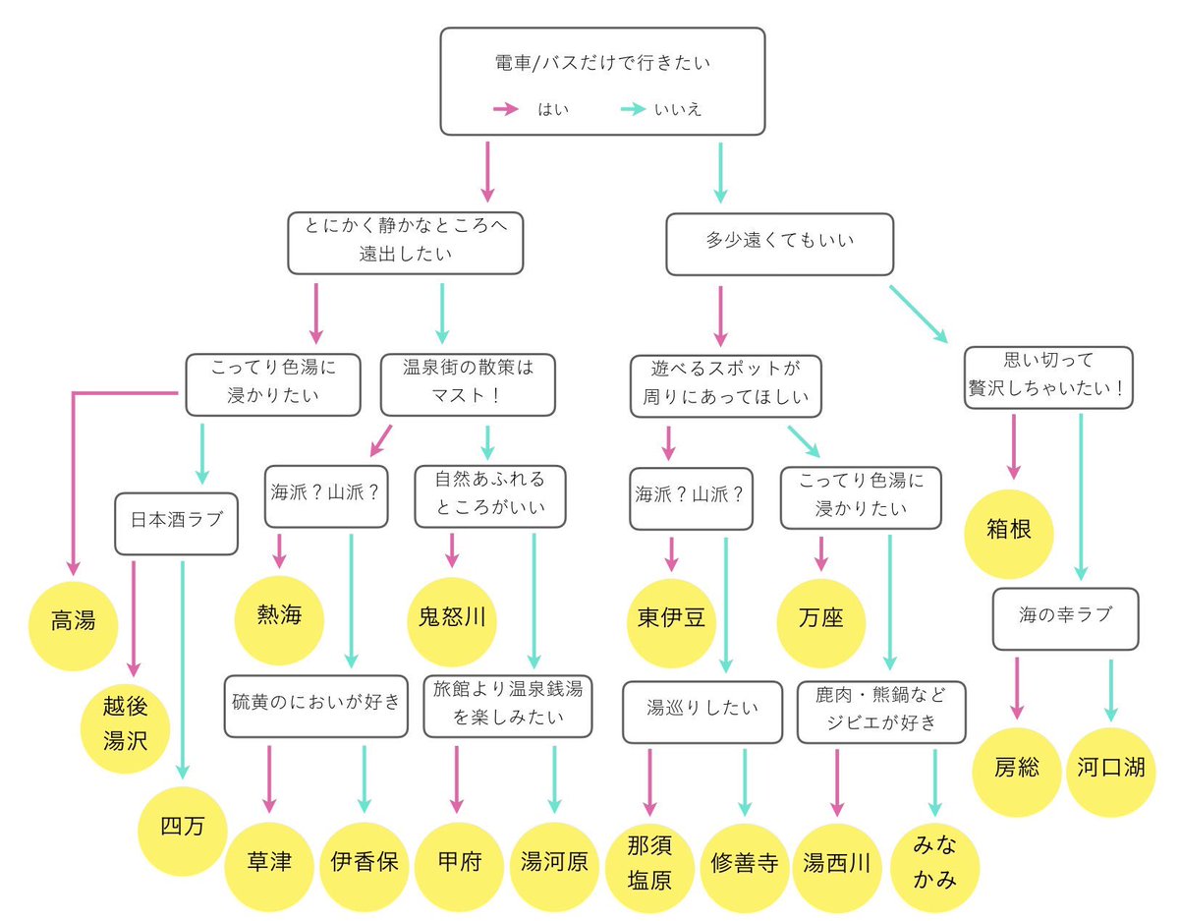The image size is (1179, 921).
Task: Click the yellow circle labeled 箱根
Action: [x=1010, y=533]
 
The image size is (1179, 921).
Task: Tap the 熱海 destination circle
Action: [x=278, y=616]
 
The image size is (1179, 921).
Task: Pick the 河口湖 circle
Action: [x=1110, y=769]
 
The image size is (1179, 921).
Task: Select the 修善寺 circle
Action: [x=744, y=864]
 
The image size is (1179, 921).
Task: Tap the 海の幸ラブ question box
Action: [x=1065, y=617]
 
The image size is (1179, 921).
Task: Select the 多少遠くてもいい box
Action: [x=780, y=245]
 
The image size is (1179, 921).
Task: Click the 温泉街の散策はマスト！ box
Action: [x=468, y=384]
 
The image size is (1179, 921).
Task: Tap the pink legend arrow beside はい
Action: [x=505, y=110]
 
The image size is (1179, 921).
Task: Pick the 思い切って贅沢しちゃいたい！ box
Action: [x=1048, y=377]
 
